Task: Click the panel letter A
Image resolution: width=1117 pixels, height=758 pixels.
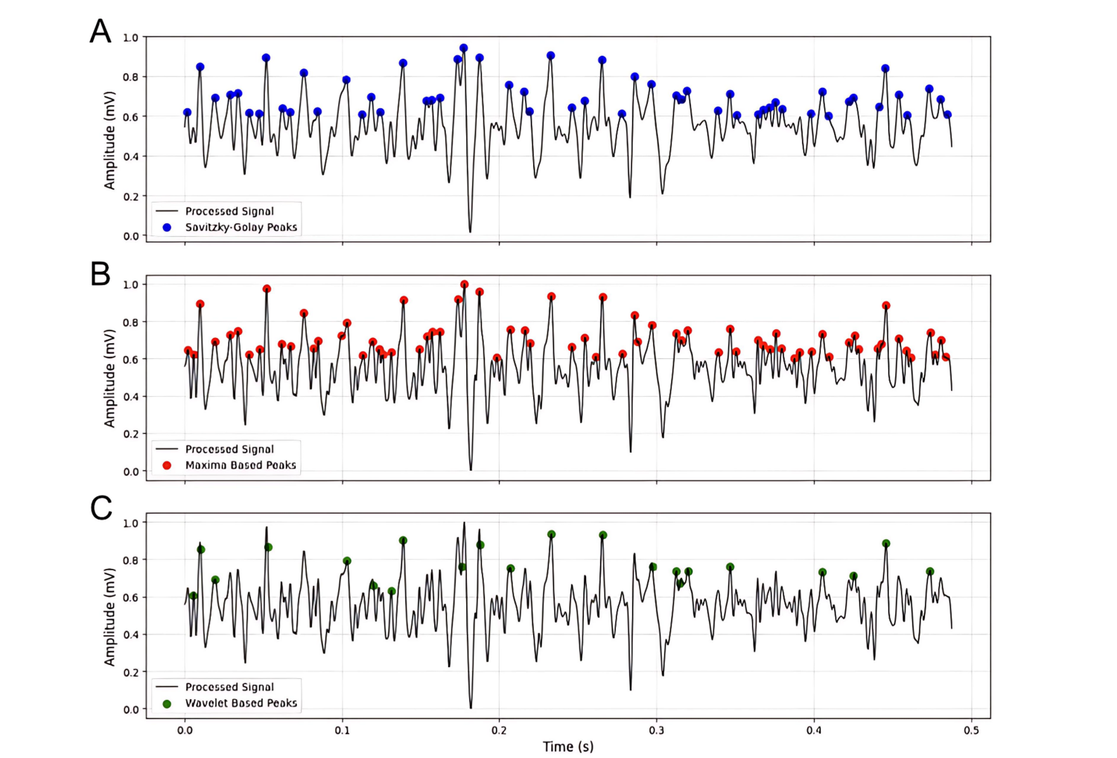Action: tap(101, 32)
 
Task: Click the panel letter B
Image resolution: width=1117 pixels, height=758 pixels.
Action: tap(101, 274)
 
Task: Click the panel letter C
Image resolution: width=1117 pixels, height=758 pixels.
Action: tap(101, 509)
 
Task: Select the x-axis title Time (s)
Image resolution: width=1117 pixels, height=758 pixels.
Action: tap(568, 746)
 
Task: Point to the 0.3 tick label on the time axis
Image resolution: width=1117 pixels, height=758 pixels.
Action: tap(656, 730)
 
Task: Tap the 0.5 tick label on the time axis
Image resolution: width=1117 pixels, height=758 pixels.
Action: tap(971, 730)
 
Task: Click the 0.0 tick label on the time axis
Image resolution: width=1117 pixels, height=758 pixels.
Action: tap(185, 730)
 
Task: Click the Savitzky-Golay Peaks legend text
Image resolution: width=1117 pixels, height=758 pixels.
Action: tap(241, 227)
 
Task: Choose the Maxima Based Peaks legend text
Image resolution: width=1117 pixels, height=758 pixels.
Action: tap(241, 465)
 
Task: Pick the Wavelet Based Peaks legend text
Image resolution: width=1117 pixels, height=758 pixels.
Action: tap(241, 703)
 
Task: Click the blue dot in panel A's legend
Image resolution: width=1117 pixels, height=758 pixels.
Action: tap(167, 227)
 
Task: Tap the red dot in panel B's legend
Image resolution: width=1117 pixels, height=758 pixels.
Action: tap(167, 465)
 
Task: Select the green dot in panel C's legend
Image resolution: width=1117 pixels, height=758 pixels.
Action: tap(167, 704)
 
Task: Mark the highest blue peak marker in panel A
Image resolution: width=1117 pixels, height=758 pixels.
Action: tap(463, 48)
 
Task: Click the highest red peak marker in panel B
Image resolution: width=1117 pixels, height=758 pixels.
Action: tap(465, 284)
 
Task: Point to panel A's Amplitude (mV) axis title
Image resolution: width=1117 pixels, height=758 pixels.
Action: tap(109, 141)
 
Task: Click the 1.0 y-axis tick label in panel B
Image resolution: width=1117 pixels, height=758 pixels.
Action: tap(130, 284)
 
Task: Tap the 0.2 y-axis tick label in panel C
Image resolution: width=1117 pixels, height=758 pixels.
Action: tap(130, 672)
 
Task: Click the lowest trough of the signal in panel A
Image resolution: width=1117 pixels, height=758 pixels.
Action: tap(470, 232)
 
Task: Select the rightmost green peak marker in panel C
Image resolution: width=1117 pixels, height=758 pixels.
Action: tap(929, 572)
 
